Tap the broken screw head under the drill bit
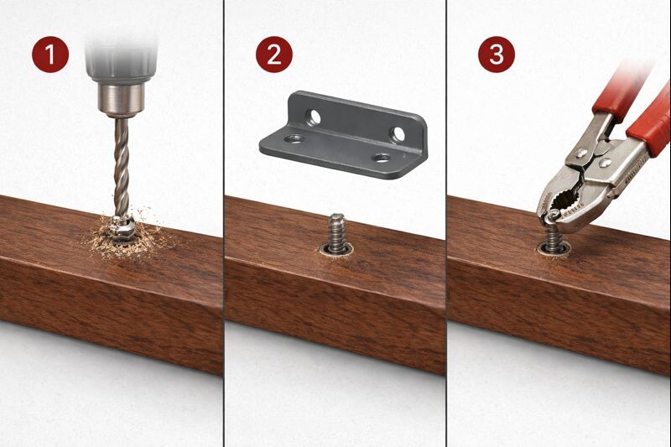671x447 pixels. point(123,225)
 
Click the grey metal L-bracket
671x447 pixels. point(344,134)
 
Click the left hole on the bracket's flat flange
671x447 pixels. point(292,138)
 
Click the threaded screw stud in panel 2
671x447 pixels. point(336,231)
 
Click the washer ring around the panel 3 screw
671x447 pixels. point(553,249)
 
